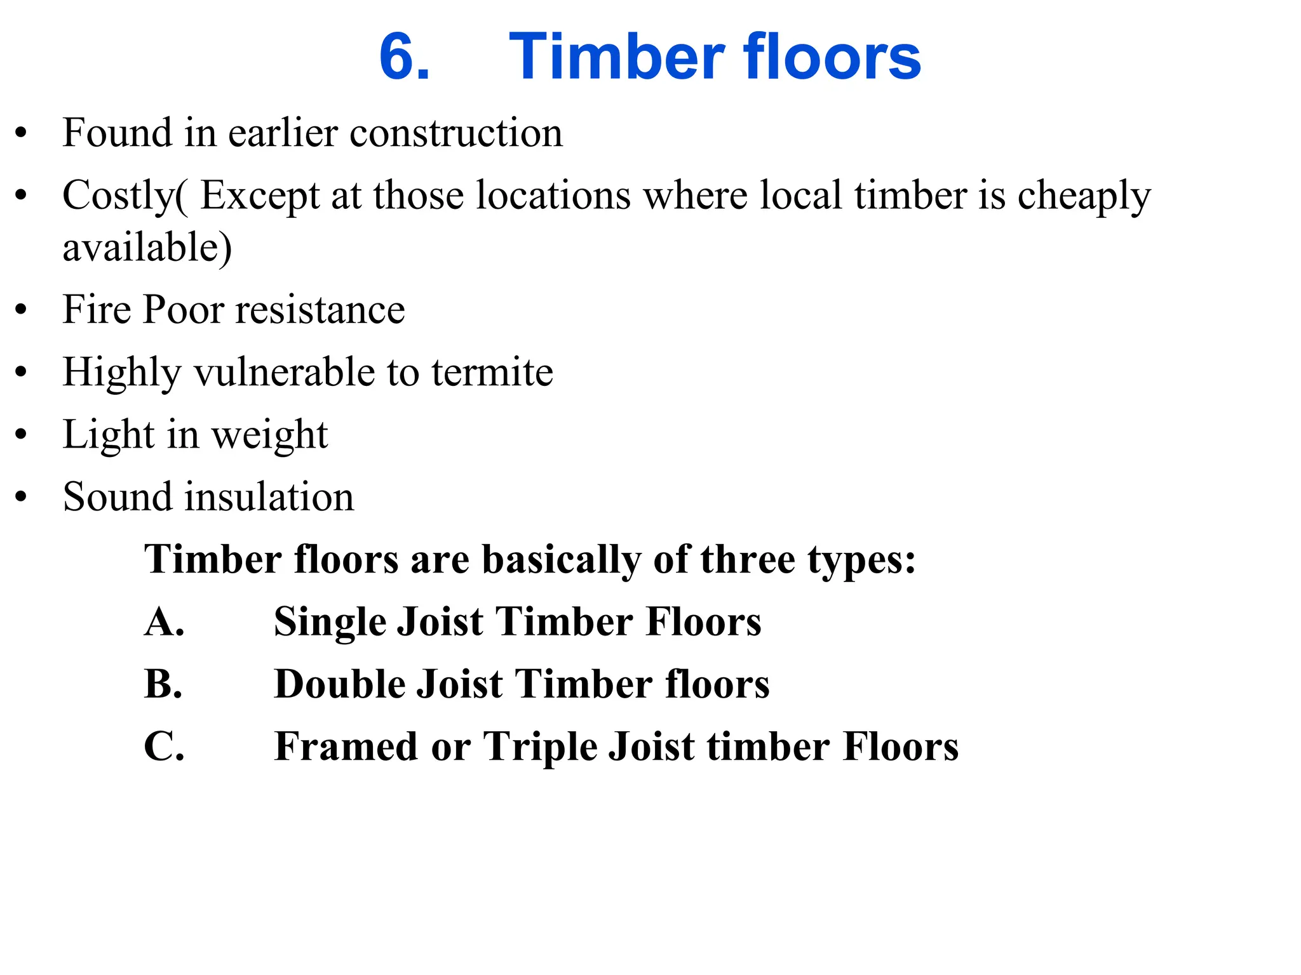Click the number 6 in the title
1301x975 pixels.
coord(404,57)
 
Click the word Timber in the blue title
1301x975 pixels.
coord(616,57)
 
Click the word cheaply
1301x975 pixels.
coord(1084,196)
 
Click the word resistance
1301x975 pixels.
coord(320,310)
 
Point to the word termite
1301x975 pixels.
coord(492,372)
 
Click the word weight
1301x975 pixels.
coord(269,435)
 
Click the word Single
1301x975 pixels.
coord(330,621)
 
